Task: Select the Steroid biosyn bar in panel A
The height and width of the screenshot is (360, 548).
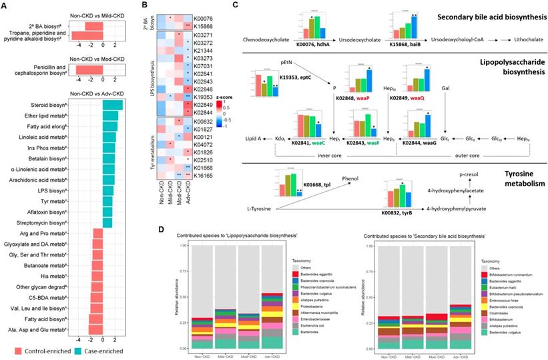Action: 113,106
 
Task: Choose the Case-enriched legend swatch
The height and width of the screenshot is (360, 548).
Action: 85,351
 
